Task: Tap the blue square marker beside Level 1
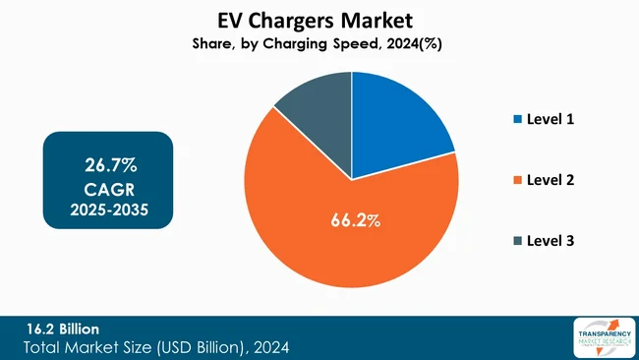click(x=518, y=120)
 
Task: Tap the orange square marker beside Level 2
click(x=518, y=181)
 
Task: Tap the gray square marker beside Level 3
click(x=518, y=242)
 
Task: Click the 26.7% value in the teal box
click(x=108, y=160)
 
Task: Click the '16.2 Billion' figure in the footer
click(x=62, y=328)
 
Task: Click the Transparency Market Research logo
click(x=600, y=337)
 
